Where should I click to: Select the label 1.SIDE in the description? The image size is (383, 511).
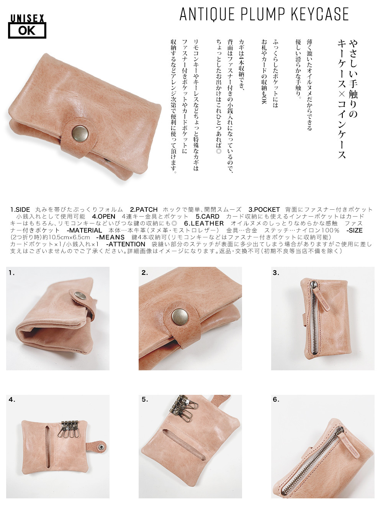point(20,210)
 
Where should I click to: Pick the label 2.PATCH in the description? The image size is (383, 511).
point(144,210)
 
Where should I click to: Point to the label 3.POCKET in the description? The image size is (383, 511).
point(264,210)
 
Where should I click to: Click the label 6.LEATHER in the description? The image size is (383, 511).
point(204,223)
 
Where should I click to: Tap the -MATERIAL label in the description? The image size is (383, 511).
point(84,230)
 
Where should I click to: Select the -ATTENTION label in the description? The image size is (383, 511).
point(126,244)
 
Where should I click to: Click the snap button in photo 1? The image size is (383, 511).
point(80,296)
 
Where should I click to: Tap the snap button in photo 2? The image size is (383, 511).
point(178,316)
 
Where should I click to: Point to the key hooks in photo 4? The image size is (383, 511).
point(67,429)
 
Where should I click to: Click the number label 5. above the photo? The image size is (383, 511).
point(144,399)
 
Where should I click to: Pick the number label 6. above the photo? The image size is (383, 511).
point(276,399)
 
